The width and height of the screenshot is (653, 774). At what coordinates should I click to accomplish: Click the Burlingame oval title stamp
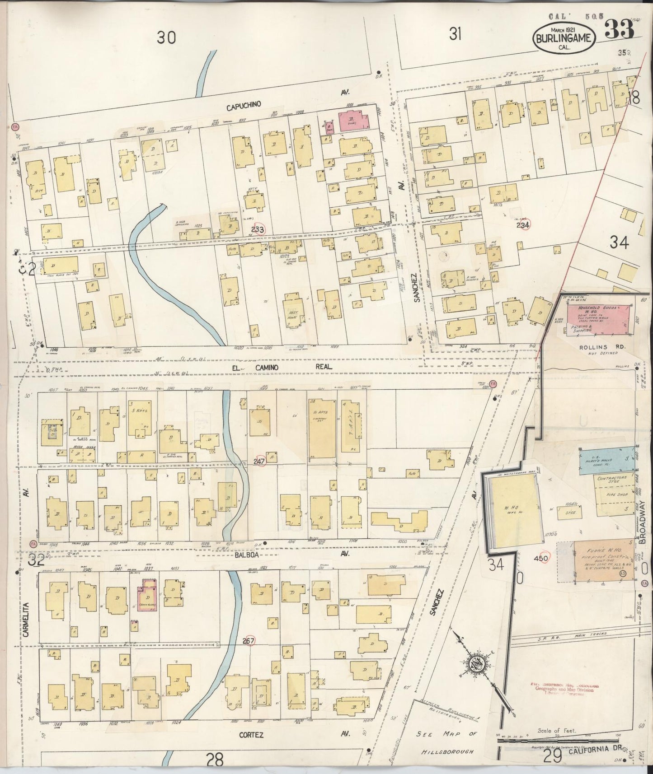(564, 38)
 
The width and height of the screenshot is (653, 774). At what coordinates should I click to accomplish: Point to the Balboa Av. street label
(247, 555)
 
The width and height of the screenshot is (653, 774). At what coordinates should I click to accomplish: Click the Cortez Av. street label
(251, 735)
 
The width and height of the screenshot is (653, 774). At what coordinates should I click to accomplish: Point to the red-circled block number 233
(258, 229)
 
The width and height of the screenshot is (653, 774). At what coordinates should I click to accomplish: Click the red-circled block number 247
(259, 462)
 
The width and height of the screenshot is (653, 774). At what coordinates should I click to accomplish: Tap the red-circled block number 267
(249, 641)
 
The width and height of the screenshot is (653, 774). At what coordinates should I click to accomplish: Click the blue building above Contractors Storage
(606, 460)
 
